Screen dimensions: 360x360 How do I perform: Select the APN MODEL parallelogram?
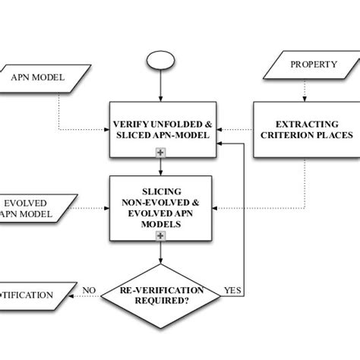[x=37, y=77]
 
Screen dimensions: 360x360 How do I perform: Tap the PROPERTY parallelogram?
[x=312, y=65]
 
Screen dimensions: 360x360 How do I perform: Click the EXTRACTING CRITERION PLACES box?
[x=302, y=129]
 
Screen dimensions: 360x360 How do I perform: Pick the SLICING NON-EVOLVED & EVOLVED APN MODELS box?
[x=160, y=204]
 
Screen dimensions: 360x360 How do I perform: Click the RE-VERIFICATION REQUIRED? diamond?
[x=163, y=295]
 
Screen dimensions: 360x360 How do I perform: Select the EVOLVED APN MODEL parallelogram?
[x=33, y=209]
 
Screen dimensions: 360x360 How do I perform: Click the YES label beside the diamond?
[x=232, y=290]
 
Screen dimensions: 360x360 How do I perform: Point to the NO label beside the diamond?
[x=88, y=290]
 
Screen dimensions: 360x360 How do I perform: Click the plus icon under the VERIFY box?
[x=160, y=153]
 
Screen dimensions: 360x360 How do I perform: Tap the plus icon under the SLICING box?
[x=160, y=236]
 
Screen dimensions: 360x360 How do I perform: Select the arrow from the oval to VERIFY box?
[x=160, y=87]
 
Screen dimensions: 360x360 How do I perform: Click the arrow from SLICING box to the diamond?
[x=160, y=252]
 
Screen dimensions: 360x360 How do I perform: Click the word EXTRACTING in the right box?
[x=302, y=123]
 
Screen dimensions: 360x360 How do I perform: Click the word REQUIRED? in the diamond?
[x=163, y=302]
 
